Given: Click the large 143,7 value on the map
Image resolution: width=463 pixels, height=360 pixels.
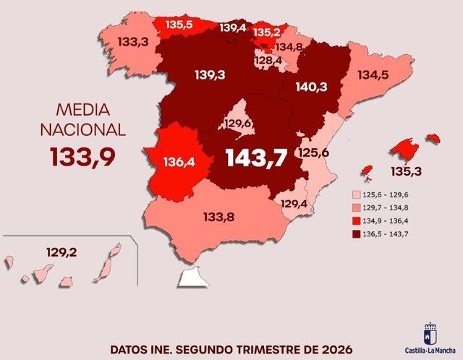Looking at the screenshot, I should (x=256, y=158).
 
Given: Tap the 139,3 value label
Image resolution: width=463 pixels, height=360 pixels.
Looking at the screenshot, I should (x=210, y=74).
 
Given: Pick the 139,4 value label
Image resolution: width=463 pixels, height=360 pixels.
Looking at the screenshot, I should (x=232, y=28).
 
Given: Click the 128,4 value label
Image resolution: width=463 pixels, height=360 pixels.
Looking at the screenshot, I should (x=268, y=61).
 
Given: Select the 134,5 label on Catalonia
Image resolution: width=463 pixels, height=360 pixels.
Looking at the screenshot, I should (x=373, y=74).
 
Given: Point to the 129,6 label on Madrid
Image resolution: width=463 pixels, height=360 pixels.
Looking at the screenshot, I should (x=237, y=124).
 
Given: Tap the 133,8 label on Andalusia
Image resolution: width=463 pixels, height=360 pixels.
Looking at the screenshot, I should (x=218, y=216).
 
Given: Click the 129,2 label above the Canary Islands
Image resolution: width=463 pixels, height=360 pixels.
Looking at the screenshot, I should (x=61, y=253).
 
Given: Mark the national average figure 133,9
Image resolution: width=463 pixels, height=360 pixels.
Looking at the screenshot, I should (x=82, y=156).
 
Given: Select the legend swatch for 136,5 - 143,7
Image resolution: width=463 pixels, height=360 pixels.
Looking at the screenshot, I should (x=357, y=233).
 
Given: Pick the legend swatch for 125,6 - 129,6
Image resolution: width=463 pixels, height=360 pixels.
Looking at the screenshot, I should (x=357, y=195).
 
